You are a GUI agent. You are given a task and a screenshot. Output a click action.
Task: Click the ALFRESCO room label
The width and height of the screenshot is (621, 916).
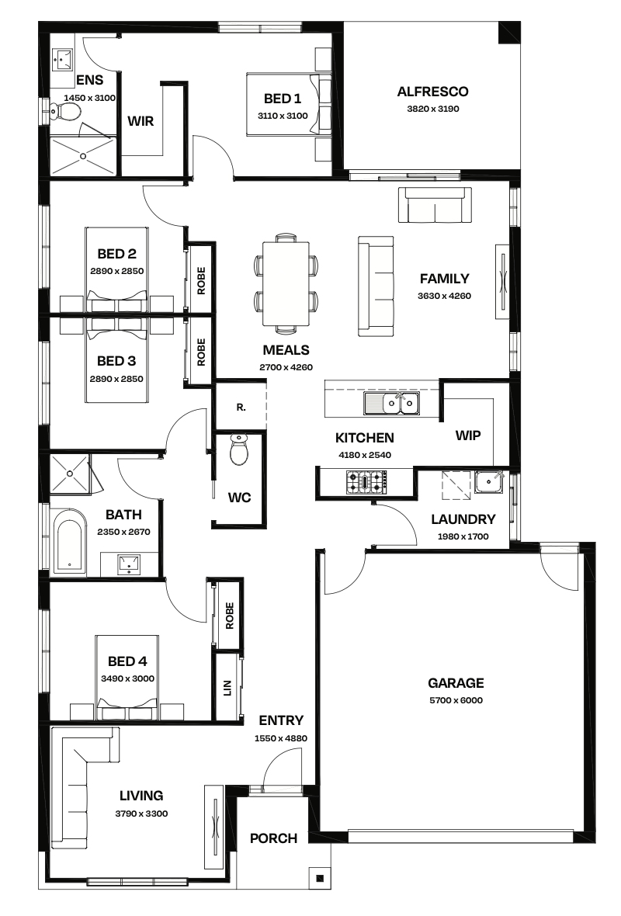click(x=432, y=91)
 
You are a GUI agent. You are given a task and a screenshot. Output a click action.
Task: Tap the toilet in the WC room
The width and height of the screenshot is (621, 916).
click(x=240, y=449)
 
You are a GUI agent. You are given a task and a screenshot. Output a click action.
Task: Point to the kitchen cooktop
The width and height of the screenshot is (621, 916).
click(x=366, y=483)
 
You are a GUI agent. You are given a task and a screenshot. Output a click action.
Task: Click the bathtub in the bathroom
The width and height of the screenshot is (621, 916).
click(x=70, y=541)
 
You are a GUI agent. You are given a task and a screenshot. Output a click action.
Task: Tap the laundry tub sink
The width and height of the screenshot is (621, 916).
click(x=489, y=482)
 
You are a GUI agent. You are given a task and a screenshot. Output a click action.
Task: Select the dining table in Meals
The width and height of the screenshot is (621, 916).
click(x=286, y=284)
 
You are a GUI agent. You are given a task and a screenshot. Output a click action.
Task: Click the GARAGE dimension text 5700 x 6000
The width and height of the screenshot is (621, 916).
click(x=456, y=700)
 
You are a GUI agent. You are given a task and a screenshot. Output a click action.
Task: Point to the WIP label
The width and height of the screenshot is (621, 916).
click(x=468, y=435)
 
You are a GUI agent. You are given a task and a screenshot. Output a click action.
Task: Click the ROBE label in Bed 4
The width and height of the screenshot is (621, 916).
click(x=229, y=616)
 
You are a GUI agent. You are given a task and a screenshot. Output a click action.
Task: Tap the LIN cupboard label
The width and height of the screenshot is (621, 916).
click(x=227, y=688)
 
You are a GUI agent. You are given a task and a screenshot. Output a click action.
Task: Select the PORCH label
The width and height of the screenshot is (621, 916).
click(x=273, y=838)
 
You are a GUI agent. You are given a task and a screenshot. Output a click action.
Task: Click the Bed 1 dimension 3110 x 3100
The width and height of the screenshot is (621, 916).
click(x=283, y=116)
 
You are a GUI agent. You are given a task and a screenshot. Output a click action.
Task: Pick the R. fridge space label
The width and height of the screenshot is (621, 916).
click(x=241, y=408)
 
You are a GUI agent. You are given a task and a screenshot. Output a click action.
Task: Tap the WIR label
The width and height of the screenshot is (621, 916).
click(x=141, y=121)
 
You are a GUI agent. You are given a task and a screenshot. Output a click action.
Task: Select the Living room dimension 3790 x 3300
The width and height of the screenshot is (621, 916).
click(x=141, y=814)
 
